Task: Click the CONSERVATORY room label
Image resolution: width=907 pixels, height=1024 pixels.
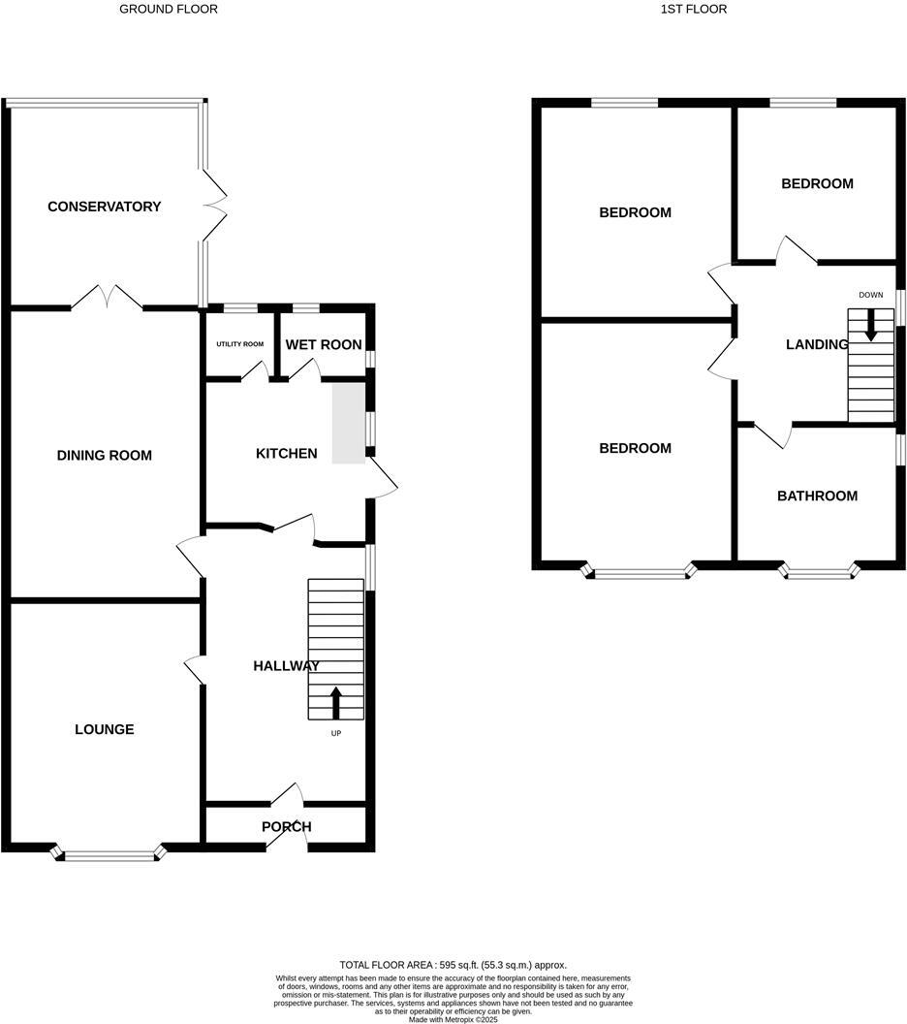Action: click(x=104, y=207)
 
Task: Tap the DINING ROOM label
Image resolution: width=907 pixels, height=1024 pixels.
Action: click(x=104, y=455)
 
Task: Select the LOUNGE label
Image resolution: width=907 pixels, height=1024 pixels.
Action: click(x=104, y=729)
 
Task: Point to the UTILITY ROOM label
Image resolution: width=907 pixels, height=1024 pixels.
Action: click(x=239, y=344)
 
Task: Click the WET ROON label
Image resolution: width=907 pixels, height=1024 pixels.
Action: click(x=324, y=344)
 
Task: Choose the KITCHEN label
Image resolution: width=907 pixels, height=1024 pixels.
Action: click(x=286, y=453)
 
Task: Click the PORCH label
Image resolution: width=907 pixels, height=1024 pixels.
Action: click(x=286, y=826)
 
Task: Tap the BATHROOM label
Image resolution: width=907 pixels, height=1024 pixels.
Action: click(x=817, y=496)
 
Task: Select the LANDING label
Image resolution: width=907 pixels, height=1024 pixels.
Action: click(x=816, y=344)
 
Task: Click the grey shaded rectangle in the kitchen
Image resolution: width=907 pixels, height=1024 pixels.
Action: click(x=349, y=423)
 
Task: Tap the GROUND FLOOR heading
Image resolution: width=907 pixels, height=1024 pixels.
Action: click(x=168, y=9)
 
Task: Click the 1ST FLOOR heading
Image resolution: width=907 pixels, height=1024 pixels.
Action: click(x=693, y=9)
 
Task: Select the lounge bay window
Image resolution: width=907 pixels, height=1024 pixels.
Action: click(x=109, y=854)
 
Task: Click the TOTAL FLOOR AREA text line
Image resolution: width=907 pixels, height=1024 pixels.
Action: click(x=453, y=965)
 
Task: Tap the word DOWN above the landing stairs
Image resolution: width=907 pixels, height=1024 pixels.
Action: click(x=870, y=295)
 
